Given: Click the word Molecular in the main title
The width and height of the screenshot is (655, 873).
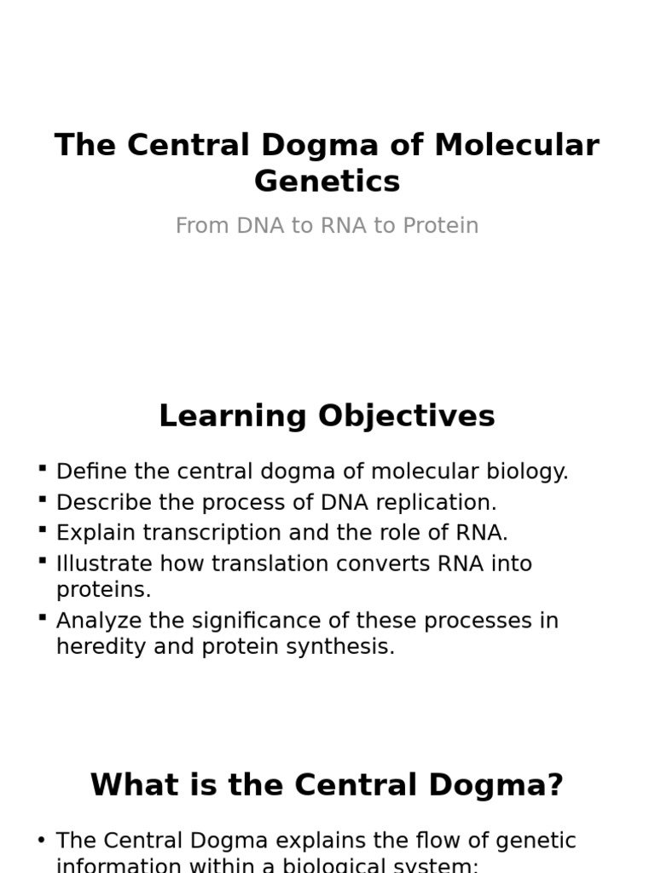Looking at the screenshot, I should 517,145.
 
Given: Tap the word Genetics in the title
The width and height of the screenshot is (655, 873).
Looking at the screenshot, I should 327,182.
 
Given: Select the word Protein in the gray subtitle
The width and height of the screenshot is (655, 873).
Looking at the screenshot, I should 440,226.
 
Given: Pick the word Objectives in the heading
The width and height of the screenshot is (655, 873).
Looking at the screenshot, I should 406,416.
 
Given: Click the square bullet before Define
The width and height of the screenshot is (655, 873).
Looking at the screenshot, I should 43,468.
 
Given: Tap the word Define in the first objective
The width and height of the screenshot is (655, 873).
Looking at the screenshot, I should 88,471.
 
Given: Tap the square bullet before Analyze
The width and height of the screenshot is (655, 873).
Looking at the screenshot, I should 43,616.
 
